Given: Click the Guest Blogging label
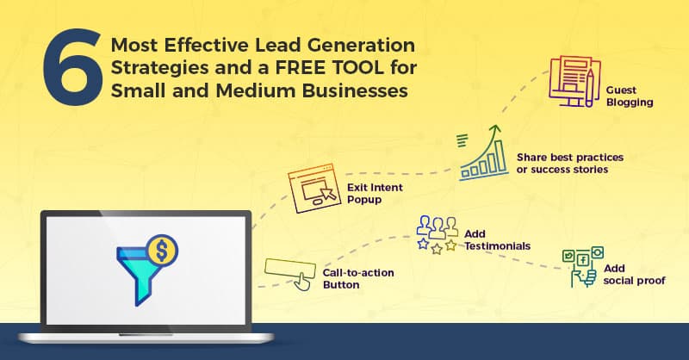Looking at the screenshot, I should tap(630, 96).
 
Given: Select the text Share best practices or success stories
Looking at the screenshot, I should tap(569, 163).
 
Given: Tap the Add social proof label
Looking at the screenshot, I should tap(635, 274).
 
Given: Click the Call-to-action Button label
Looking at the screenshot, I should tap(358, 277).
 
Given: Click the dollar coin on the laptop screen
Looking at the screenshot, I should tap(161, 251).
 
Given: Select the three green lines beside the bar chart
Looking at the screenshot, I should tap(462, 139).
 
